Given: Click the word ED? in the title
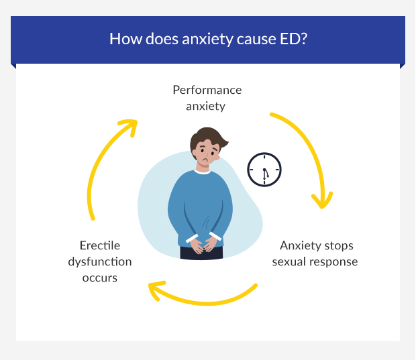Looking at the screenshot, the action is point(293,39).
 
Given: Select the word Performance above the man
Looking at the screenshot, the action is point(207,90).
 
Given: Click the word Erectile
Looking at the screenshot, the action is point(100,245).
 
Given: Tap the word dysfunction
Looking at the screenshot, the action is point(100,262).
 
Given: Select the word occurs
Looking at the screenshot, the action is point(100,278).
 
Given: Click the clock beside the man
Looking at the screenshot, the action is point(264,170).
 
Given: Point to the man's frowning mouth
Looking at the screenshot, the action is point(205,160).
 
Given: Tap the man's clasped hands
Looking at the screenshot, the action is point(203,245).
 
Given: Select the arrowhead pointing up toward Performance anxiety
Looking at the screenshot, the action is point(129,127).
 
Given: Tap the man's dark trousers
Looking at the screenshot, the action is point(202,253).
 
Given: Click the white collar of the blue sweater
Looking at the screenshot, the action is point(202,172).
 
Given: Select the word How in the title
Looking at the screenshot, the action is point(125,39).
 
